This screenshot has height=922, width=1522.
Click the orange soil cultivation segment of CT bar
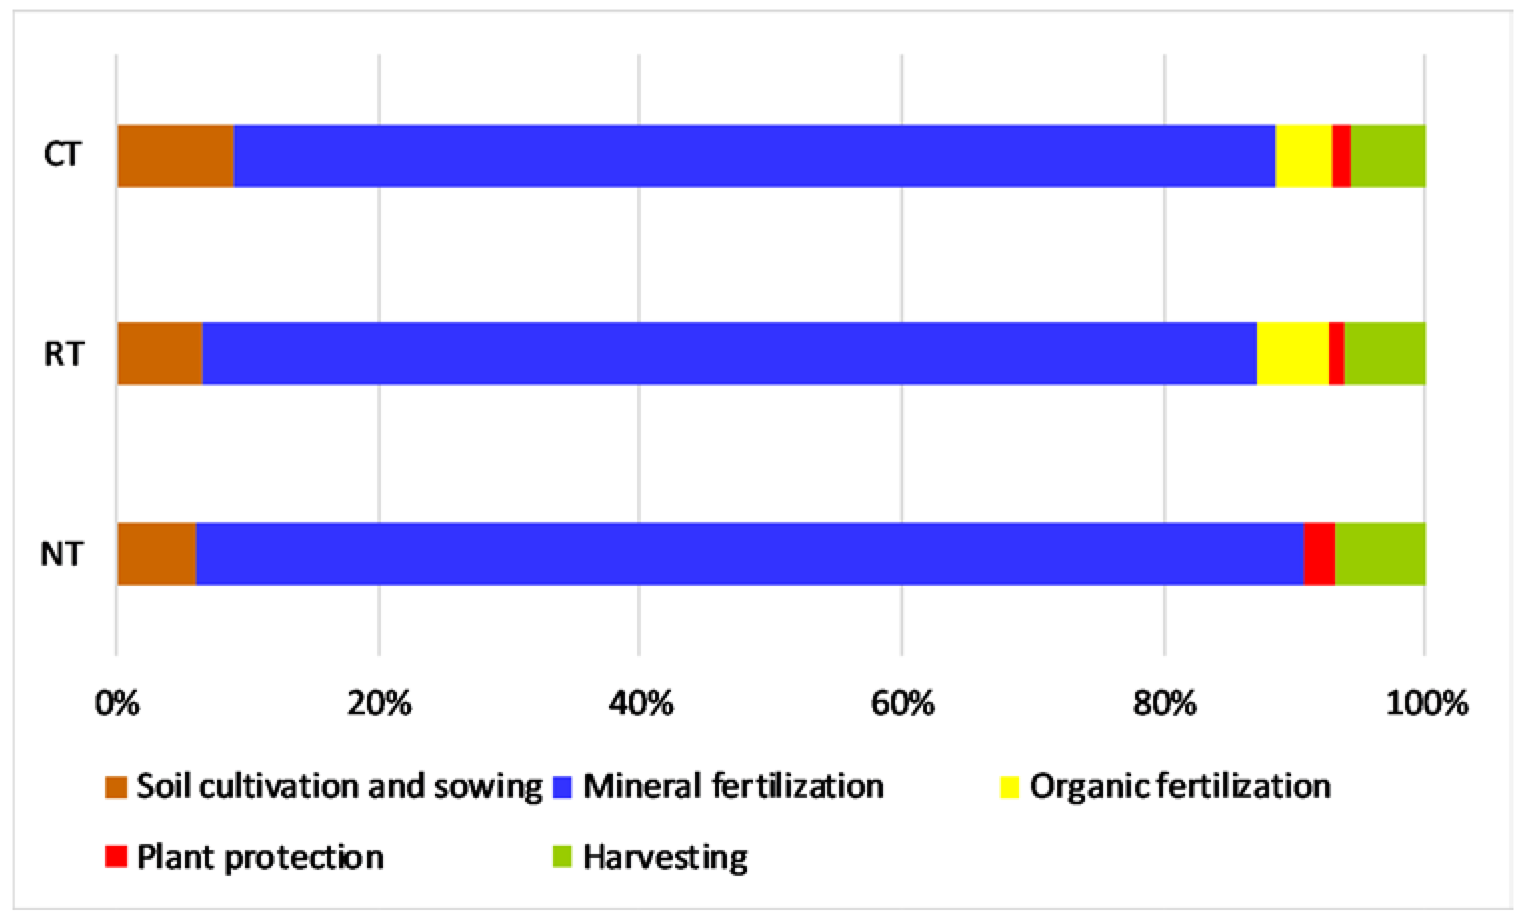[175, 155]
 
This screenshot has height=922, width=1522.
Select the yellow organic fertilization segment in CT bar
[1303, 155]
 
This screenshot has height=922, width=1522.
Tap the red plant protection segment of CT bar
[1341, 155]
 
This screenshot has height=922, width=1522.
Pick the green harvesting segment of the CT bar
[1387, 155]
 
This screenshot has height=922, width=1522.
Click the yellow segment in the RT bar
[1292, 353]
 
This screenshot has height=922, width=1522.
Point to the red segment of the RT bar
[1336, 353]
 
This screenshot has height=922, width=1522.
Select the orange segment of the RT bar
[159, 353]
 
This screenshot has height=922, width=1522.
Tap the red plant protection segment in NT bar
[1319, 554]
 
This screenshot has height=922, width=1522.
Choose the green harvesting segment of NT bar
[1380, 554]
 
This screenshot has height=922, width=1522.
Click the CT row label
[62, 154]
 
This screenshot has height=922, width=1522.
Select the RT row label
[63, 354]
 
